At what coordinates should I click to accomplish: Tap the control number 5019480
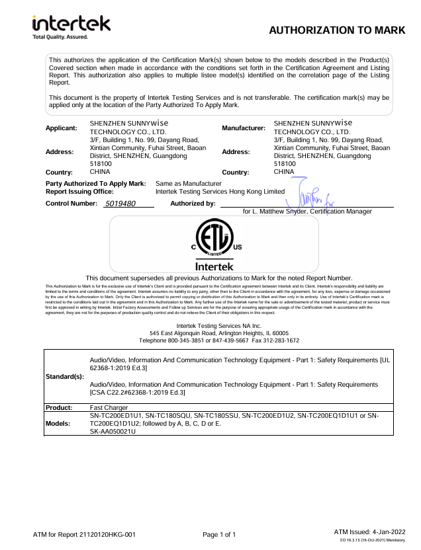(120, 204)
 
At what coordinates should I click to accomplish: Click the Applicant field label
(62, 127)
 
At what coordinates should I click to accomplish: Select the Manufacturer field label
(244, 127)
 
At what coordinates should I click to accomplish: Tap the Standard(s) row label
(65, 376)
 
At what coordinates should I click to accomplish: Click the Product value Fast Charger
(109, 408)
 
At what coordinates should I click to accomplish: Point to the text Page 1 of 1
(219, 533)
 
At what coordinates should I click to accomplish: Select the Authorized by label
(193, 203)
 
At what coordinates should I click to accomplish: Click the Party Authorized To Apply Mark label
(95, 182)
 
